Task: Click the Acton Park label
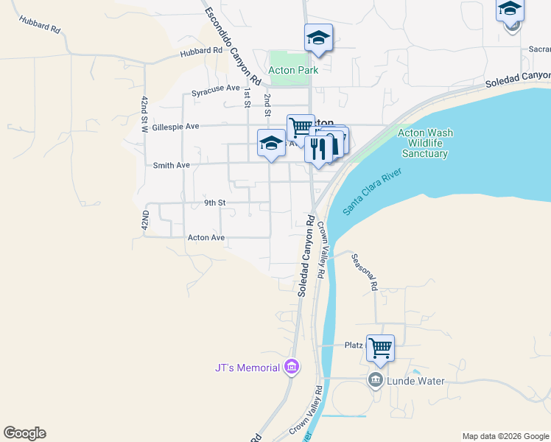(293, 71)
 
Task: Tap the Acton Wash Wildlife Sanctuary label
(425, 144)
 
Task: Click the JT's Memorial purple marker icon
(292, 367)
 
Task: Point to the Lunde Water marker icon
(375, 380)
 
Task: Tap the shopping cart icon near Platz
(380, 348)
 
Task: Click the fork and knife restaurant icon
(318, 148)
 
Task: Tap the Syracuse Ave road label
(216, 93)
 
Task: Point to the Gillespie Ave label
(176, 127)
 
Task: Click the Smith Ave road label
(171, 166)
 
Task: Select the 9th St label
(214, 203)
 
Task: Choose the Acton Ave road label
(206, 238)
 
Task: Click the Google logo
(24, 433)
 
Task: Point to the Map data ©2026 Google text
(505, 436)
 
